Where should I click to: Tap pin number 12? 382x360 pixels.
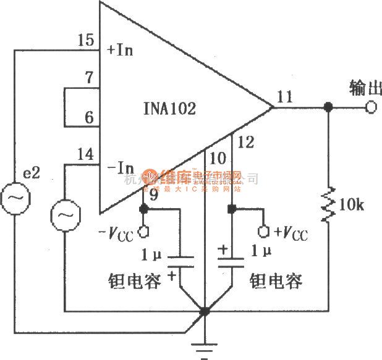[x=245, y=143]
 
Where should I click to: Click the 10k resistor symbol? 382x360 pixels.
[x=328, y=204]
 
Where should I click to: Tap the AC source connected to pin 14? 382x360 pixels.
[x=63, y=216]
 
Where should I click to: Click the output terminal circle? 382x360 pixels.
[x=370, y=108]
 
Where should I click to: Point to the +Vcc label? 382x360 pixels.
[x=290, y=233]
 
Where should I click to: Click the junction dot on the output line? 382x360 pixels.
[x=328, y=108]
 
